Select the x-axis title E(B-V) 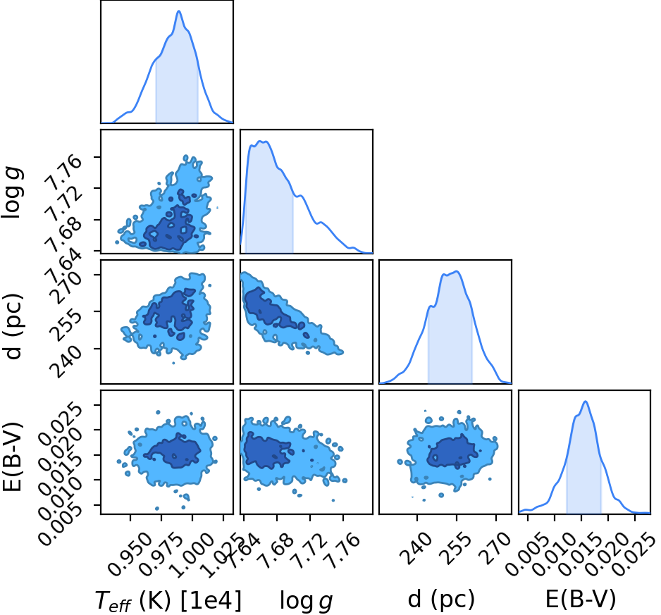pyautogui.click(x=581, y=599)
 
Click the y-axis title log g pyautogui.click(x=12, y=192)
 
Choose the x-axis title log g pyautogui.click(x=307, y=601)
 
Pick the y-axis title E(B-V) pyautogui.click(x=12, y=456)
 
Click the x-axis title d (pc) pyautogui.click(x=441, y=599)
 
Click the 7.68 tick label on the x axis pyautogui.click(x=276, y=551)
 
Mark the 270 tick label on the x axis pyautogui.click(x=496, y=548)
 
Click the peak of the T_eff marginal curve pyautogui.click(x=179, y=11)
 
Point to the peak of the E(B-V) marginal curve pyautogui.click(x=585, y=402)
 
